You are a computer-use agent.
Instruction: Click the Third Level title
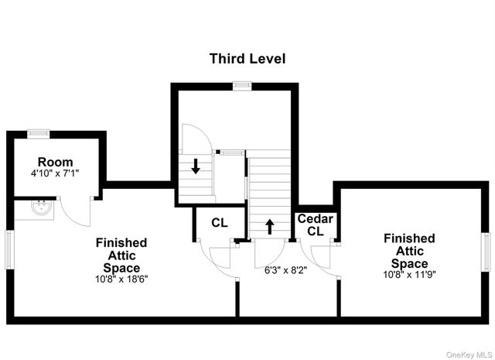coord(247,59)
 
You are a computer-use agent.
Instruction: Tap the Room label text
coord(55,162)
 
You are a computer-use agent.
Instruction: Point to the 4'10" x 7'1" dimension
coord(55,173)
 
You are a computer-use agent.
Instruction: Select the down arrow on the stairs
coord(196,166)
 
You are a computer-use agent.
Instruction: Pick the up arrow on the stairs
coord(270,227)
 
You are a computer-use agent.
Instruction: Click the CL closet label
coord(220,223)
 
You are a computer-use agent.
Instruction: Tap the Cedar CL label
coord(316,225)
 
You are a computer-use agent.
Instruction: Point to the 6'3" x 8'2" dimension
coord(285,270)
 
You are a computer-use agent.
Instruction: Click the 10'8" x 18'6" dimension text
coord(121,279)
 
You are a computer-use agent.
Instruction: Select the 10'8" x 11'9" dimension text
coord(409,274)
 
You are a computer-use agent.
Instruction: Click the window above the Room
coord(38,134)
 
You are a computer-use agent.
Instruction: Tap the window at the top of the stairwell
coord(242,85)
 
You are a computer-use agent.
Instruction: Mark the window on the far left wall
coord(10,250)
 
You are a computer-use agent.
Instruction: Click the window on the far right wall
coord(486,252)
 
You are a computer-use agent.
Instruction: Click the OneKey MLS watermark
coord(469,355)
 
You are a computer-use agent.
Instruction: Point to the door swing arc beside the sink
coord(76,212)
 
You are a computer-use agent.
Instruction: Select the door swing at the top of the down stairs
coord(196,139)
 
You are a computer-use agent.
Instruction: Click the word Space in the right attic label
coord(409,263)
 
